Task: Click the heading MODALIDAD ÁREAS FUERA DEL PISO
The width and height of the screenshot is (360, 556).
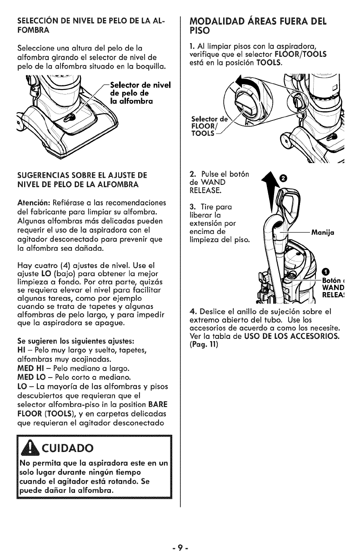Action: (x=257, y=26)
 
